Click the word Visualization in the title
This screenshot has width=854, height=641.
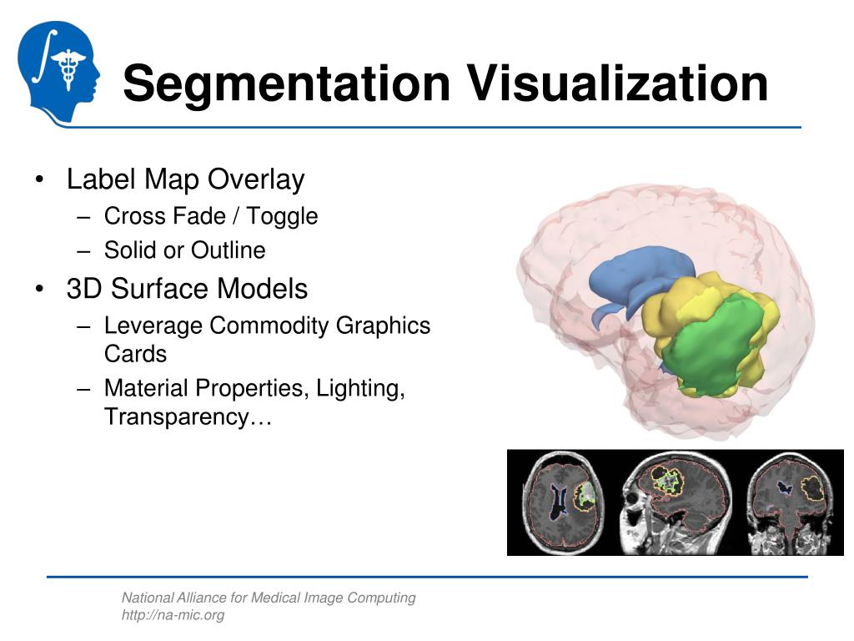pyautogui.click(x=616, y=83)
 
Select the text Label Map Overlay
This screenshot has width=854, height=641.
pyautogui.click(x=185, y=179)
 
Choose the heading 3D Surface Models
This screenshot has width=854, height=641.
pyautogui.click(x=187, y=289)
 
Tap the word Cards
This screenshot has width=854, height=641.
pyautogui.click(x=135, y=354)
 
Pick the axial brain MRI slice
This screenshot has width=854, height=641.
pyautogui.click(x=562, y=503)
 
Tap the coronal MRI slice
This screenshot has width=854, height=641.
pyautogui.click(x=787, y=503)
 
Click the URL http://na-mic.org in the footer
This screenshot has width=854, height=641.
pyautogui.click(x=173, y=615)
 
